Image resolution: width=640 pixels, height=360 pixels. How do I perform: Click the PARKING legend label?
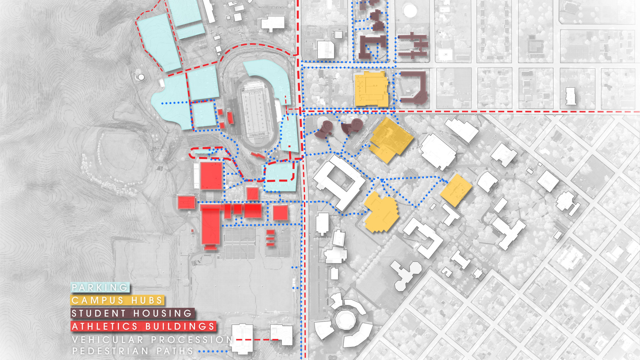coord(100,287)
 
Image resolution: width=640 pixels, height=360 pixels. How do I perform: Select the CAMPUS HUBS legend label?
coord(117,300)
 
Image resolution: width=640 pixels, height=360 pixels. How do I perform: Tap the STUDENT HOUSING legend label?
coord(132,313)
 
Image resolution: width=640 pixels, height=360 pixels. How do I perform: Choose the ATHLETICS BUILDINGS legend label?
coord(143,326)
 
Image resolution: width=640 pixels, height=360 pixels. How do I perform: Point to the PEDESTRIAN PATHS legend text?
coord(133,351)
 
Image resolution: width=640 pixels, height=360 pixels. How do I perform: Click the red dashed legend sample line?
coord(257,340)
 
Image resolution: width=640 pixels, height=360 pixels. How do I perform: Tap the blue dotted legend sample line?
coord(213,351)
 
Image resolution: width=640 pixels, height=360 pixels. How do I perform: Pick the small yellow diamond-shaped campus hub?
coord(456,190)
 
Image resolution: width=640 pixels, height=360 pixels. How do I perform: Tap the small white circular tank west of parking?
coord(141,77)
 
